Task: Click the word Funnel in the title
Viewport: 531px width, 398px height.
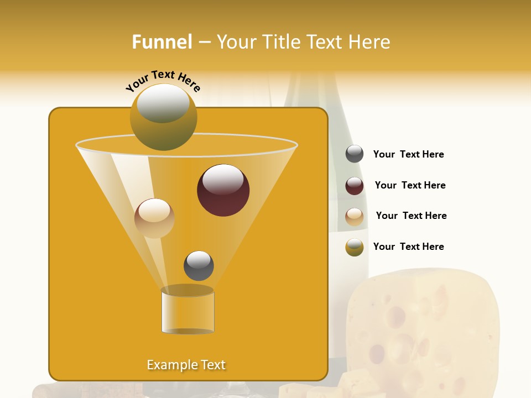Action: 162,42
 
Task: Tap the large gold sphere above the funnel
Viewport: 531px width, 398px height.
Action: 163,117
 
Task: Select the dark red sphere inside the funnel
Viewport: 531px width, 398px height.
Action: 223,190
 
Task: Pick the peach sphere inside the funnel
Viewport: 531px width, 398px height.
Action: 154,218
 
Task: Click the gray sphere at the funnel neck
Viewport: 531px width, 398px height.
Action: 199,265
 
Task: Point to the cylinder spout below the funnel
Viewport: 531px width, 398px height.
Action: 188,311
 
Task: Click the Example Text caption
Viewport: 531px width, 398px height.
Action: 186,365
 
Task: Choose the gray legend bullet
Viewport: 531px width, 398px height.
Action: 355,154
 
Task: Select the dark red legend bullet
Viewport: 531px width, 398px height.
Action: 355,186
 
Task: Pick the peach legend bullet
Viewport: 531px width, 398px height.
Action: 355,217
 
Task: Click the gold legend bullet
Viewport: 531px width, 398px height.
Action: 355,247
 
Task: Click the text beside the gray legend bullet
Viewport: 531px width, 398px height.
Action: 408,154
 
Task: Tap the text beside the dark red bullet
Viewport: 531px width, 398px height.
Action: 410,185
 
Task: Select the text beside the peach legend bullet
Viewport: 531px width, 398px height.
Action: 411,216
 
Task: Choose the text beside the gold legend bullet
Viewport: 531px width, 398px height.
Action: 408,247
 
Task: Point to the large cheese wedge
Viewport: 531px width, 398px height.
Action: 420,326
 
